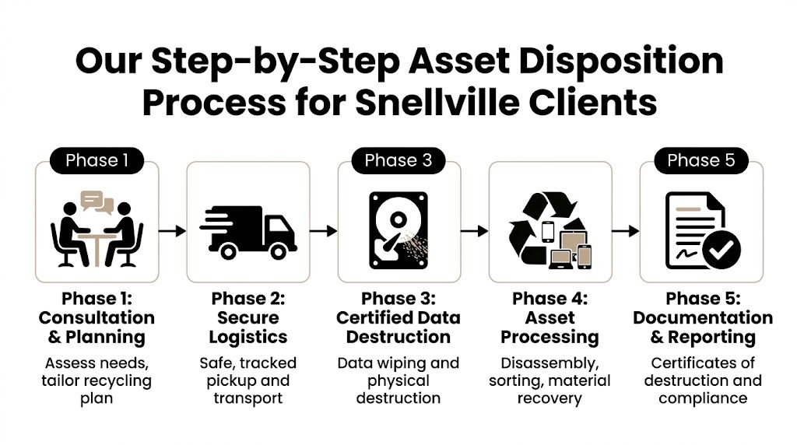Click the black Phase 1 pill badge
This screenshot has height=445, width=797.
[x=97, y=160]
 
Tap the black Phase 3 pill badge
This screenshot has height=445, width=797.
[x=398, y=160]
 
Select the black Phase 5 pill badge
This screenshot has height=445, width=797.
[x=700, y=160]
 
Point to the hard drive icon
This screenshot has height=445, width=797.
[x=398, y=223]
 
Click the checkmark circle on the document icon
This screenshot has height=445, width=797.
[x=721, y=250]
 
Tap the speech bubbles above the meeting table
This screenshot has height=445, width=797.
[x=97, y=201]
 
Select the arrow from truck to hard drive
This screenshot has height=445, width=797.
[x=323, y=230]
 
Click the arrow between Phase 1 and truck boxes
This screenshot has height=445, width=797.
[x=172, y=230]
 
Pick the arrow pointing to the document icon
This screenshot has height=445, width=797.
[x=625, y=230]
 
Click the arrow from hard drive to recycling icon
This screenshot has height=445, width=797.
[x=474, y=230]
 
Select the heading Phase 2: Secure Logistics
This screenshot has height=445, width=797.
[x=248, y=317]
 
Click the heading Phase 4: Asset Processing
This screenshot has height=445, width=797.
[x=549, y=317]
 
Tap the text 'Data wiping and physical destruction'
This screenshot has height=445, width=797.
[x=398, y=380]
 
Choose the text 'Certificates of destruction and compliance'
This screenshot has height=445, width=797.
[x=700, y=380]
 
